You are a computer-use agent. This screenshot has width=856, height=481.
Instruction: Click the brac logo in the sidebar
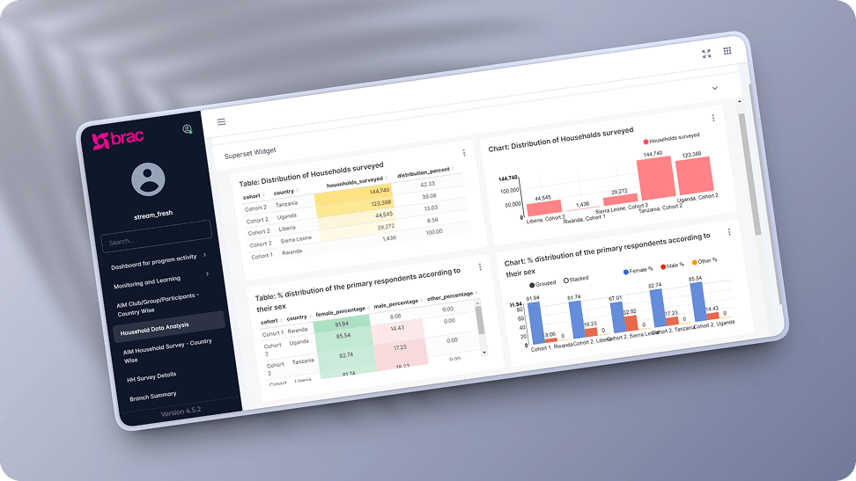[117, 138]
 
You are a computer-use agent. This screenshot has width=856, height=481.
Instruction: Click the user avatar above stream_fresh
[148, 179]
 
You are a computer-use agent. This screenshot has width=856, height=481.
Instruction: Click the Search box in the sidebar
[157, 236]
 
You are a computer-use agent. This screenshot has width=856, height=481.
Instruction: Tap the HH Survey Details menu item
[151, 375]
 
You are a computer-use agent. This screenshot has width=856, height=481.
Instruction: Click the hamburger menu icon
[221, 122]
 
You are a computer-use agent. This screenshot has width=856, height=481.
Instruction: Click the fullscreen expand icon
[706, 54]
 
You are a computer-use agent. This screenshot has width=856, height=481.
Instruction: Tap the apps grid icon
[727, 51]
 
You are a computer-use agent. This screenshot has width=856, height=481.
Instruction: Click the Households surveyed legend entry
[671, 138]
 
